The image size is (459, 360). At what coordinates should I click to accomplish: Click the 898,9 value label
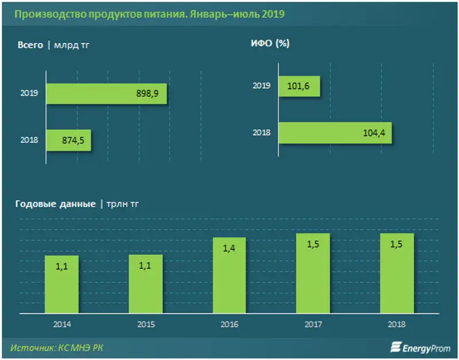pyautogui.click(x=147, y=93)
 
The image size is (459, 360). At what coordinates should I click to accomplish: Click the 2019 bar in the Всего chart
pyautogui.click(x=107, y=93)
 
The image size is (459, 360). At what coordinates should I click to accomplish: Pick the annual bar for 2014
pyautogui.click(x=62, y=284)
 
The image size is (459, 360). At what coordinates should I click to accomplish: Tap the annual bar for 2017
pyautogui.click(x=313, y=273)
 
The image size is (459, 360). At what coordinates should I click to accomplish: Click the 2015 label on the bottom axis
pyautogui.click(x=146, y=324)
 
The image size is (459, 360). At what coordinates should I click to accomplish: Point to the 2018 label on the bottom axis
pyautogui.click(x=396, y=324)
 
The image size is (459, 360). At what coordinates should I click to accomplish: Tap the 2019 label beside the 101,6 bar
pyautogui.click(x=262, y=87)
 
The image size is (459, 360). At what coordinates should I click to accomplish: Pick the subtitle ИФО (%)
pyautogui.click(x=269, y=44)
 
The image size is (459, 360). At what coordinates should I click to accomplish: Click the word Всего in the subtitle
pyautogui.click(x=30, y=45)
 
